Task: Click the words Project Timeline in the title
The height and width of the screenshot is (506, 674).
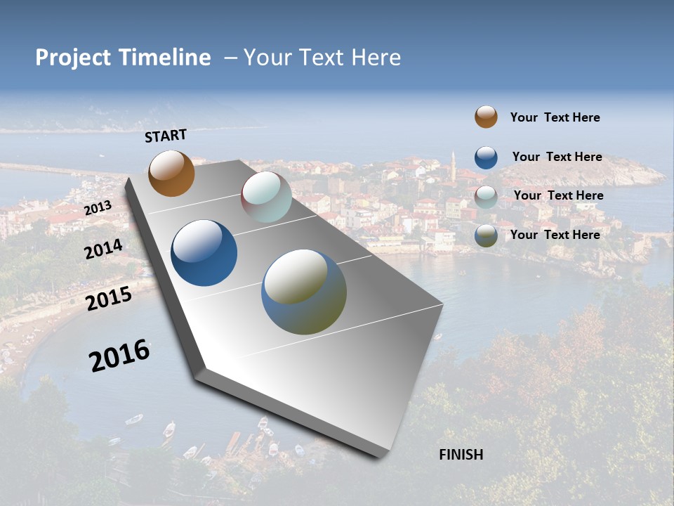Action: click(123, 58)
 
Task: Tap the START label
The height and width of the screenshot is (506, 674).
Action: click(166, 136)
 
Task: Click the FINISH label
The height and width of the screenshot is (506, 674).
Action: click(461, 455)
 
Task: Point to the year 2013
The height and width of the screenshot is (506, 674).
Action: click(98, 208)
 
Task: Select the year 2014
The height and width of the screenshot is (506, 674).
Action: click(104, 249)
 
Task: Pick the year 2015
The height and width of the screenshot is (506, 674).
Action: click(109, 299)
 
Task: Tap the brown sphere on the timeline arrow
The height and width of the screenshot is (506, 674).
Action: click(171, 173)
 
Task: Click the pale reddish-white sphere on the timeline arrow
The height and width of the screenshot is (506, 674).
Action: click(266, 197)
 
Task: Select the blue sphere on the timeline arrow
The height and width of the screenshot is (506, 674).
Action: click(204, 253)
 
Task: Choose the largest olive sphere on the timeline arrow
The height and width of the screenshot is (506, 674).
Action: click(304, 292)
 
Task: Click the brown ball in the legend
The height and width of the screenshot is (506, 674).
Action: click(486, 117)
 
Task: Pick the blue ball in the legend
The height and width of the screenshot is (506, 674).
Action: click(486, 157)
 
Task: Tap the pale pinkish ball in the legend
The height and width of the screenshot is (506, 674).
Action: click(486, 197)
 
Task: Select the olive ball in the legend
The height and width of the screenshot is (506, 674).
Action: click(486, 235)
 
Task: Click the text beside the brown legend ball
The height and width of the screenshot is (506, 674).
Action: click(555, 117)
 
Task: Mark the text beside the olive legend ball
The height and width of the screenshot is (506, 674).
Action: click(555, 235)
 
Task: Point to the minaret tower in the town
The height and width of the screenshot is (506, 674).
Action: click(454, 167)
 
